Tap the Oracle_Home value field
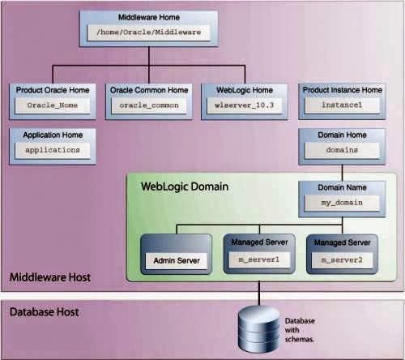53,105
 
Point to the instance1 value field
340,105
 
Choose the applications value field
53,149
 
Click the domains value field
340,150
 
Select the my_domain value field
340,205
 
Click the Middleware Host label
49,279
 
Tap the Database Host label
44,312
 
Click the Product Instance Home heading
340,89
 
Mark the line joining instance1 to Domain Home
340,122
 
